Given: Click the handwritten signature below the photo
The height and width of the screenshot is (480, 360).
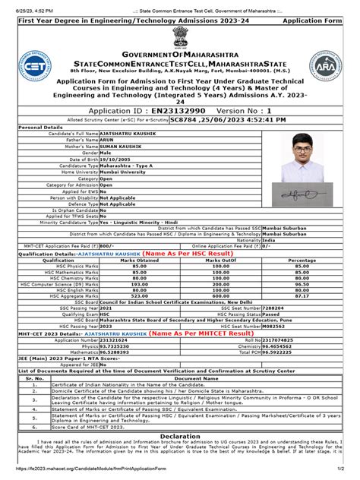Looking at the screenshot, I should [x=308, y=195].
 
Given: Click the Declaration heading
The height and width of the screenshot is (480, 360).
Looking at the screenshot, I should [x=180, y=437].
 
